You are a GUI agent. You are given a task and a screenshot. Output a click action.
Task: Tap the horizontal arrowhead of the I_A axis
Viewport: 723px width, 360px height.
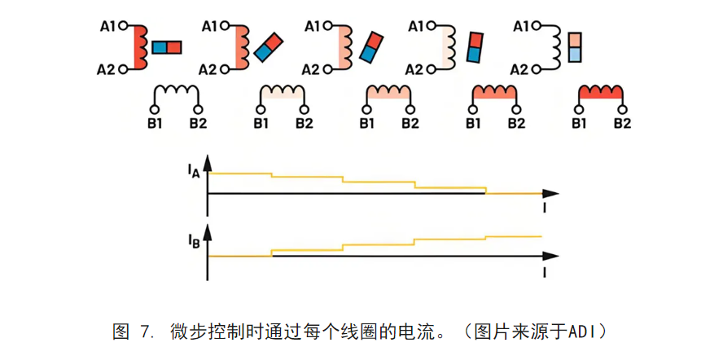click(x=551, y=194)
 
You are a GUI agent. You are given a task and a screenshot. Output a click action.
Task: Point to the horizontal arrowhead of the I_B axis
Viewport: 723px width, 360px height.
click(x=551, y=257)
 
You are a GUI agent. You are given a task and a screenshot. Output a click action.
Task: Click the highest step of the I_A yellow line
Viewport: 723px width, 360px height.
click(x=240, y=173)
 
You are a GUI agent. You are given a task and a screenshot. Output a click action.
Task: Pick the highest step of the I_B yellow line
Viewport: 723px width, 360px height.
click(x=513, y=236)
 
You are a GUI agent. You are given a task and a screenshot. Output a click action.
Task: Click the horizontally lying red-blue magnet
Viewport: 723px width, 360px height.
click(x=166, y=47)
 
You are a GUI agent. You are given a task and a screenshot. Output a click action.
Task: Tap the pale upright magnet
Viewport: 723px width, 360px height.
click(x=575, y=46)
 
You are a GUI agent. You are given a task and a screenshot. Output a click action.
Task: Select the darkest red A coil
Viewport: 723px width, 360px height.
click(x=139, y=46)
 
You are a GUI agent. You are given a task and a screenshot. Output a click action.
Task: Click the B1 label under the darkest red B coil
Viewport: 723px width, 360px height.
click(x=579, y=124)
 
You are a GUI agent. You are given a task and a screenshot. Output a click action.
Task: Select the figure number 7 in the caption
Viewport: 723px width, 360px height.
click(x=146, y=331)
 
